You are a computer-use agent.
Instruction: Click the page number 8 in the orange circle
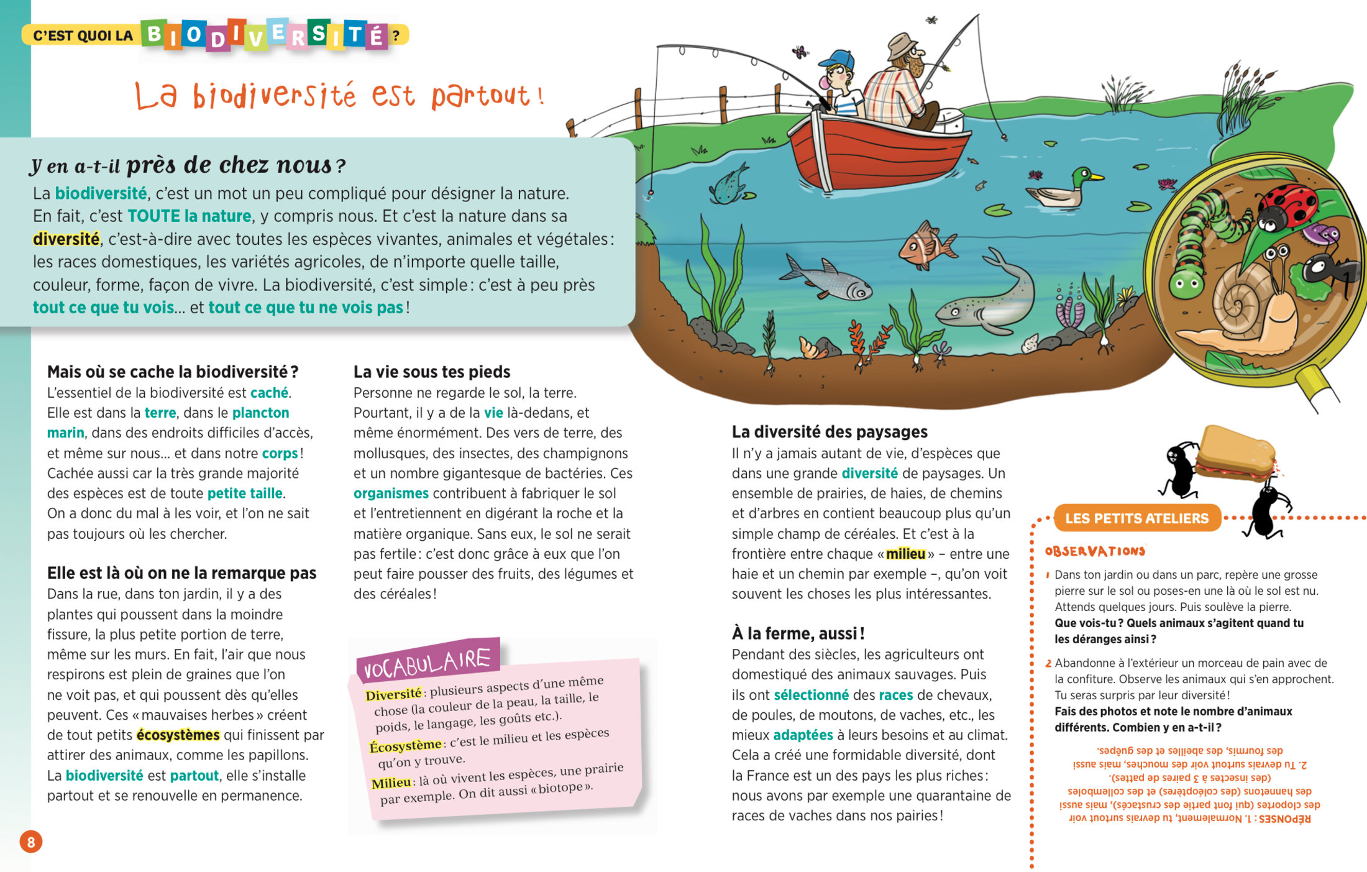pos(30,842)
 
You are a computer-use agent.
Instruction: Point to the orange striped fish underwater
pos(926,246)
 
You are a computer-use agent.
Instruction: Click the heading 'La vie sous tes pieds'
pos(432,372)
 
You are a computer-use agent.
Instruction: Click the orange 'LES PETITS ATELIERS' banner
pos(1136,518)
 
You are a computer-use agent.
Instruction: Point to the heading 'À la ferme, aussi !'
pos(798,633)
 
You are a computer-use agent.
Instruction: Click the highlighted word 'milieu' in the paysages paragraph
pos(905,554)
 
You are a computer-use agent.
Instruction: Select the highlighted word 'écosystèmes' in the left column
pos(178,735)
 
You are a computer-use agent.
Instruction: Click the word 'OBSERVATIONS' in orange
pos(1094,551)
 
